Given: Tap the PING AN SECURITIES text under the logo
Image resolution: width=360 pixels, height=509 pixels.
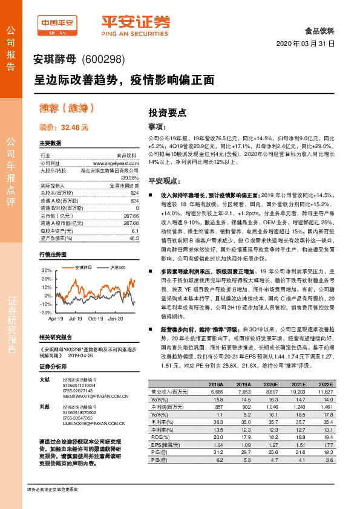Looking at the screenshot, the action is pos(136,34).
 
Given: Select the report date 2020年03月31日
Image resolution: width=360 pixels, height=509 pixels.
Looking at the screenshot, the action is pos(313,45).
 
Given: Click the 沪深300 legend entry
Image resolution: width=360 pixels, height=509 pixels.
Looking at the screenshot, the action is pos(118,267).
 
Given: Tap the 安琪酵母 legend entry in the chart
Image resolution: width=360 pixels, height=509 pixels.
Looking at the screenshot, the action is pos(83,267).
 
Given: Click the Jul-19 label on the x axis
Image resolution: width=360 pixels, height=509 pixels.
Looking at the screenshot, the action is pos(76,318).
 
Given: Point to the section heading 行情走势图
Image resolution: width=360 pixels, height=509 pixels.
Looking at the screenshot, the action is pos(53,254).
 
